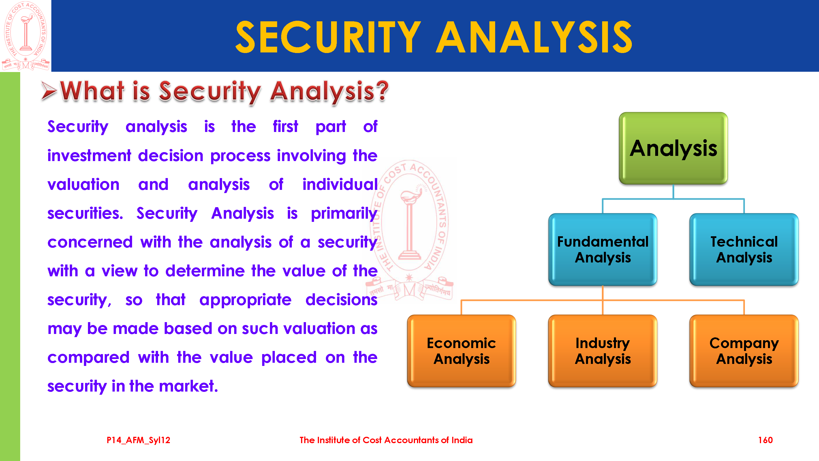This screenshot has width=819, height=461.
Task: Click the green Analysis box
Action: coord(673,148)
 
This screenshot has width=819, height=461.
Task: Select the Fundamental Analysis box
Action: coord(602,250)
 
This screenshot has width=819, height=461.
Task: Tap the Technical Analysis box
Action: coord(744,250)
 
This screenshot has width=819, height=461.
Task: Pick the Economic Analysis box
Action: coord(461,351)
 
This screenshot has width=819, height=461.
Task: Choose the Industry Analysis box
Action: coord(602,351)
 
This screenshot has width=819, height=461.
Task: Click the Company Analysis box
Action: coord(744,351)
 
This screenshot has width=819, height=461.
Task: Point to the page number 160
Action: coord(765,440)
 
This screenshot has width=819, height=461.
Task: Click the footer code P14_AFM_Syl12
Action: coord(138,440)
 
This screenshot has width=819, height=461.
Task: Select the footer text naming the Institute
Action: coord(386,440)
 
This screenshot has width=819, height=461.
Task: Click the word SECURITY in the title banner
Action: coord(328,37)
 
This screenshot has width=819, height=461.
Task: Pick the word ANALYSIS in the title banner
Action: coord(534,37)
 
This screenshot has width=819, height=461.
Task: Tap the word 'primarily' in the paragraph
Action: coord(344,214)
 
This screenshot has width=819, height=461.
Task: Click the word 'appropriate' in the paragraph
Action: coord(245,300)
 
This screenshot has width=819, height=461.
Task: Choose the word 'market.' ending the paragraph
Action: coord(188,386)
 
